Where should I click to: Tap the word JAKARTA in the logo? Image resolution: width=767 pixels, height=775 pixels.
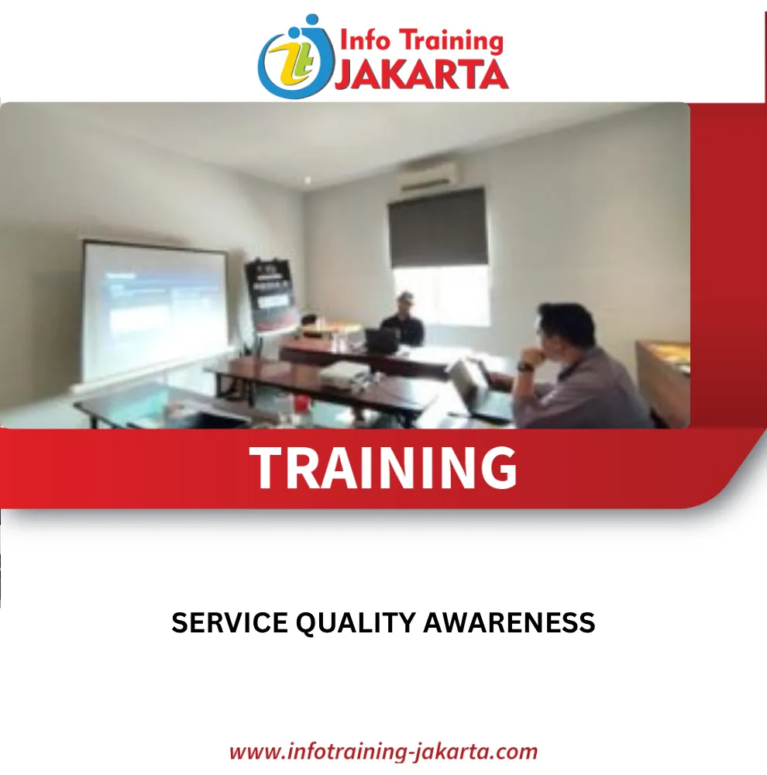coord(421,74)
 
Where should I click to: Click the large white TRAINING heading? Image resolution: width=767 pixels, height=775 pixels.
coord(383,467)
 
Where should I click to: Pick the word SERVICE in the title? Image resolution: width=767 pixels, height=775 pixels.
coord(230,622)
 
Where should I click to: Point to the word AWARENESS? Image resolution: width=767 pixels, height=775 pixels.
coord(509,622)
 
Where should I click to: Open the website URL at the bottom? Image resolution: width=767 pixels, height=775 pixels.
coord(383,752)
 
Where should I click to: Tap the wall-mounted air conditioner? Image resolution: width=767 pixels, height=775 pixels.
coord(429,177)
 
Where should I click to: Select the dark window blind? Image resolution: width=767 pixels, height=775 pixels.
coord(438,228)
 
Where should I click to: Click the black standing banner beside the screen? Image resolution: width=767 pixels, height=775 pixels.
coord(272,294)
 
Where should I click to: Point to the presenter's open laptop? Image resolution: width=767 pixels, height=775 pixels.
coord(382,340)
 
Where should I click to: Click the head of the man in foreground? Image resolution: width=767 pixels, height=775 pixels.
coord(566,329)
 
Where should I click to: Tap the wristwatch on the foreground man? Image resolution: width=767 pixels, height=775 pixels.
coord(525,367)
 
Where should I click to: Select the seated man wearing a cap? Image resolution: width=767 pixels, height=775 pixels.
coord(404,319)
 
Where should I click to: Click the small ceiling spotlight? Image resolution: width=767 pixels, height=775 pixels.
coord(308,181)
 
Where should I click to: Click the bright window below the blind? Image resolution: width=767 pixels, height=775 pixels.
coord(442,295)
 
